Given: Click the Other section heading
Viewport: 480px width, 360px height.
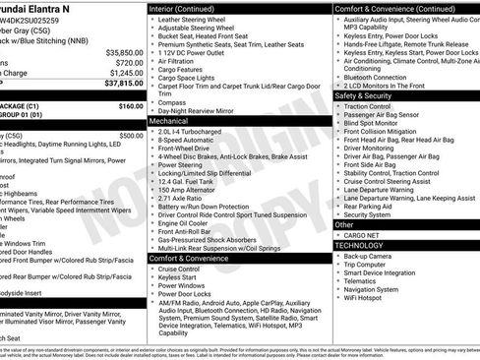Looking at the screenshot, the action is click(x=344, y=225).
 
